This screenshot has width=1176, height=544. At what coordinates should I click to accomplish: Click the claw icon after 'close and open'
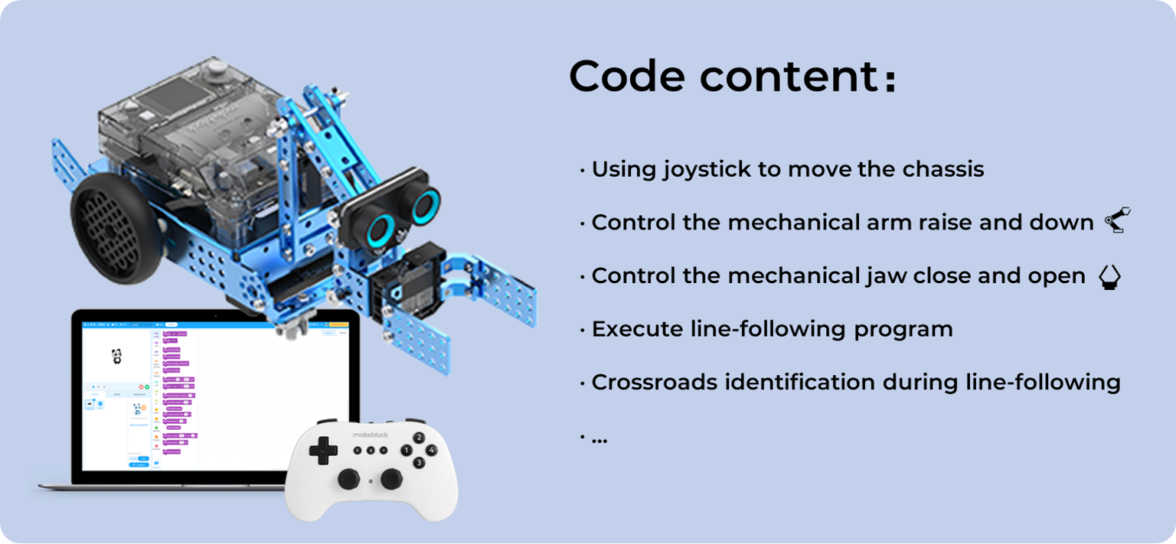click(x=1109, y=276)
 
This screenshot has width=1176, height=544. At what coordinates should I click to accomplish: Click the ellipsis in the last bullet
click(x=599, y=438)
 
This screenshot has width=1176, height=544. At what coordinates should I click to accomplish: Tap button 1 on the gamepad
click(x=406, y=450)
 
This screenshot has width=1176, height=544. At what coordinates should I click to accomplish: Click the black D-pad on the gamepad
click(x=323, y=450)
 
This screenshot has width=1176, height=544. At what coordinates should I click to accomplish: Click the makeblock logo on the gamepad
click(x=371, y=434)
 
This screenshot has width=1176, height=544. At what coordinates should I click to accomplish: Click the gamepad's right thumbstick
click(x=391, y=478)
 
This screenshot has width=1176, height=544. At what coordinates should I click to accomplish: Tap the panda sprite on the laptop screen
click(x=116, y=356)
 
